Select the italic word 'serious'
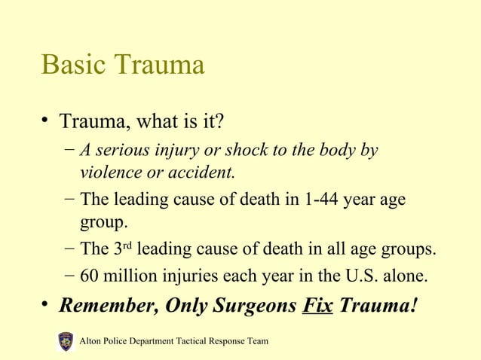pos(123,150)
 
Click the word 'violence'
pos(111,172)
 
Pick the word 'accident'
pos(203,172)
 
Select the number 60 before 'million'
pos(90,276)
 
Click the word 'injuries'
pos(188,276)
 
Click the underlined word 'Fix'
pos(317,307)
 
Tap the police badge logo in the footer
pos(66,342)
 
